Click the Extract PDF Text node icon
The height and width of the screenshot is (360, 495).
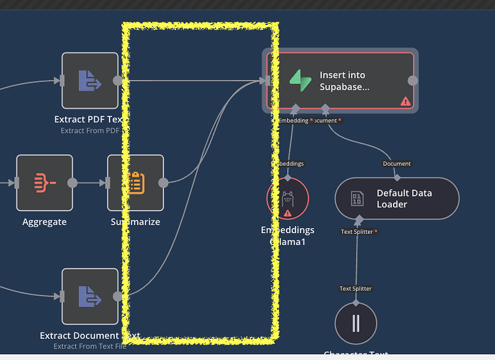(x=90, y=81)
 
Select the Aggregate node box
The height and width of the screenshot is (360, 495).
(x=44, y=183)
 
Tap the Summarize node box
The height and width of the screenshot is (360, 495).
(x=135, y=183)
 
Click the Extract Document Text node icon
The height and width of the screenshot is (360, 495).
(x=90, y=296)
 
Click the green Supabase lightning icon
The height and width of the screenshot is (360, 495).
(x=300, y=81)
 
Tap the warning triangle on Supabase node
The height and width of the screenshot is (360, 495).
(x=405, y=101)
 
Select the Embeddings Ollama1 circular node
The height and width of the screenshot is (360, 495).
(x=287, y=199)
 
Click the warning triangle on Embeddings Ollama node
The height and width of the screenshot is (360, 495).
(x=287, y=212)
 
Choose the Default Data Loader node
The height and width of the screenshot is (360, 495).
(x=397, y=199)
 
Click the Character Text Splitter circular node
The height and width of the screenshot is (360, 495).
(x=356, y=323)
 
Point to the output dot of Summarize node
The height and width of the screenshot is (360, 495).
(x=164, y=183)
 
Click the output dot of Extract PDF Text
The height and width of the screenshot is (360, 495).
(x=117, y=81)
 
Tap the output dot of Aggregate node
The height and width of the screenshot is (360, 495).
(x=72, y=183)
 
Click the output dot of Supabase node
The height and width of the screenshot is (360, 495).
(x=413, y=81)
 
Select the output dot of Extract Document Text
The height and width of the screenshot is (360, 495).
(x=117, y=296)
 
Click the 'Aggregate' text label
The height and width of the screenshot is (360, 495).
(x=44, y=222)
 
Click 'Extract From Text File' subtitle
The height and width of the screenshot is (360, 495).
(x=90, y=347)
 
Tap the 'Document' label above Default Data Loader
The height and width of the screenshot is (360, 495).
(x=397, y=164)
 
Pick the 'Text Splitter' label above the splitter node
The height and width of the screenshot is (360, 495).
(x=356, y=289)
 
